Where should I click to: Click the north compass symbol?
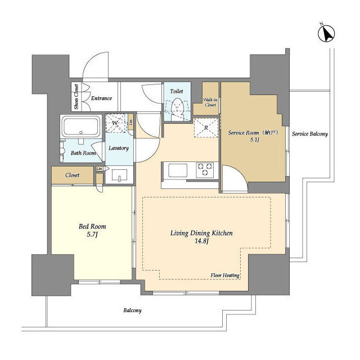click(x=326, y=34)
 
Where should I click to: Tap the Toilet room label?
click(x=177, y=91)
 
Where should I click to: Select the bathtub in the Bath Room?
click(x=81, y=127)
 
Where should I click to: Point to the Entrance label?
click(x=101, y=98)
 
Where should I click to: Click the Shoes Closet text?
click(x=76, y=97)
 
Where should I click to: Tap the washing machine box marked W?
click(x=116, y=123)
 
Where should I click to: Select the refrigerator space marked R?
click(x=206, y=128)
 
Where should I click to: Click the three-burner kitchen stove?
click(x=205, y=170)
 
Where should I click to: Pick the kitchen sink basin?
click(x=178, y=170)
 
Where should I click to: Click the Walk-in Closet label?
click(x=210, y=102)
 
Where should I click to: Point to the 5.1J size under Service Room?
click(x=255, y=140)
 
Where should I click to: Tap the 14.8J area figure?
click(x=201, y=241)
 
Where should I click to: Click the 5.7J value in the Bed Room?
click(x=92, y=235)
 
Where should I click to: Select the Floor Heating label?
click(x=225, y=275)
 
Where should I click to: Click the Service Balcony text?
click(x=310, y=134)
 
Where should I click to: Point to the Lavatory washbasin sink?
click(x=119, y=175)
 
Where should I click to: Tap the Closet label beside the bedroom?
click(x=73, y=175)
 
